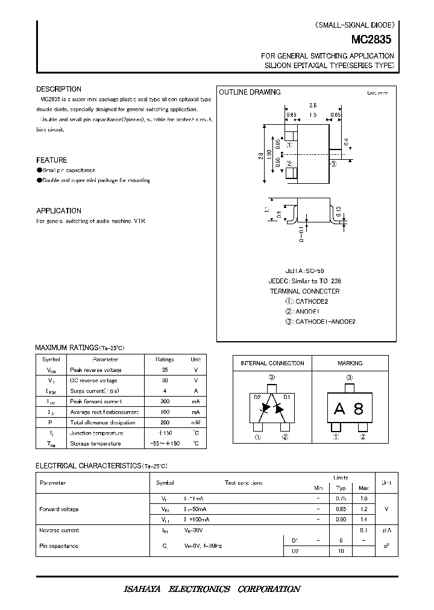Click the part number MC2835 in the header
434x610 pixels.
click(371, 39)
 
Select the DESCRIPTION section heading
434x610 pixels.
click(58, 89)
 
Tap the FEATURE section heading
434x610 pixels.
click(51, 160)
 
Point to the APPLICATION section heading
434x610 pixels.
click(58, 211)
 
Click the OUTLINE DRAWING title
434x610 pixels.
click(250, 92)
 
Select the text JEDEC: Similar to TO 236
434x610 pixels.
click(312, 281)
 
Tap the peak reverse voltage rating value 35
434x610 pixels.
click(165, 369)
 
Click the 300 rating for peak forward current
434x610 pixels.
click(165, 401)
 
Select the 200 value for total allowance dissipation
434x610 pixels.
click(165, 422)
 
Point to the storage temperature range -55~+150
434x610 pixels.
click(165, 443)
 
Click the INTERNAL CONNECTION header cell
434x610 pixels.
click(272, 363)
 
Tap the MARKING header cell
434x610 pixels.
click(350, 363)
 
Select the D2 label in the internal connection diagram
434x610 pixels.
click(257, 397)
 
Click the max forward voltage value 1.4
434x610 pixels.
click(363, 520)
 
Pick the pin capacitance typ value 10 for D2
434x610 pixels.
click(341, 551)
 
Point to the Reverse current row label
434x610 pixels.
click(59, 530)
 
